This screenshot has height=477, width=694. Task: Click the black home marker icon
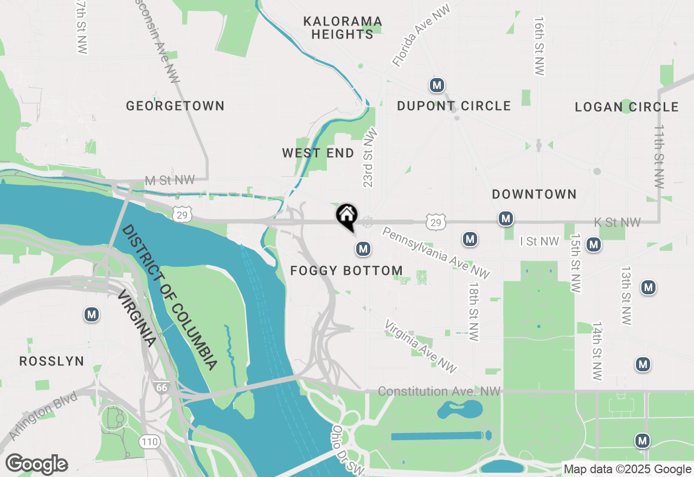(x=346, y=216)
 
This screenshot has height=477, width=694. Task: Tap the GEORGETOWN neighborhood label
(x=175, y=106)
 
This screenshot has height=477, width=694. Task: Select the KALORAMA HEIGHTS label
(x=342, y=28)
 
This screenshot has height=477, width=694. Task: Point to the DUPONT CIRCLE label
(x=454, y=106)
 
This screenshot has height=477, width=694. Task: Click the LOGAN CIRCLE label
(x=627, y=107)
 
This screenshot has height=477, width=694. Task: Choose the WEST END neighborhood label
(x=318, y=153)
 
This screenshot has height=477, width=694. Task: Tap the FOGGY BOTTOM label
(x=346, y=270)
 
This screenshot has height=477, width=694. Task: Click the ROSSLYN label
(x=52, y=361)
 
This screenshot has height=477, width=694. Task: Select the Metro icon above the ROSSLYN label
(x=92, y=314)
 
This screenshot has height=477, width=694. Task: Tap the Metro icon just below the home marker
(x=363, y=249)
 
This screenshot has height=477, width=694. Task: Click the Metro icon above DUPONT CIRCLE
(x=437, y=85)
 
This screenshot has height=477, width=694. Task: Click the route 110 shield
(x=149, y=442)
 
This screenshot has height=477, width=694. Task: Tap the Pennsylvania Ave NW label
(x=436, y=253)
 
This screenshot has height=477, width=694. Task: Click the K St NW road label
(x=617, y=222)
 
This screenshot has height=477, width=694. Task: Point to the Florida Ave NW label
(x=422, y=37)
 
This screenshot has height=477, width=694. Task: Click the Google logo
(x=36, y=465)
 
